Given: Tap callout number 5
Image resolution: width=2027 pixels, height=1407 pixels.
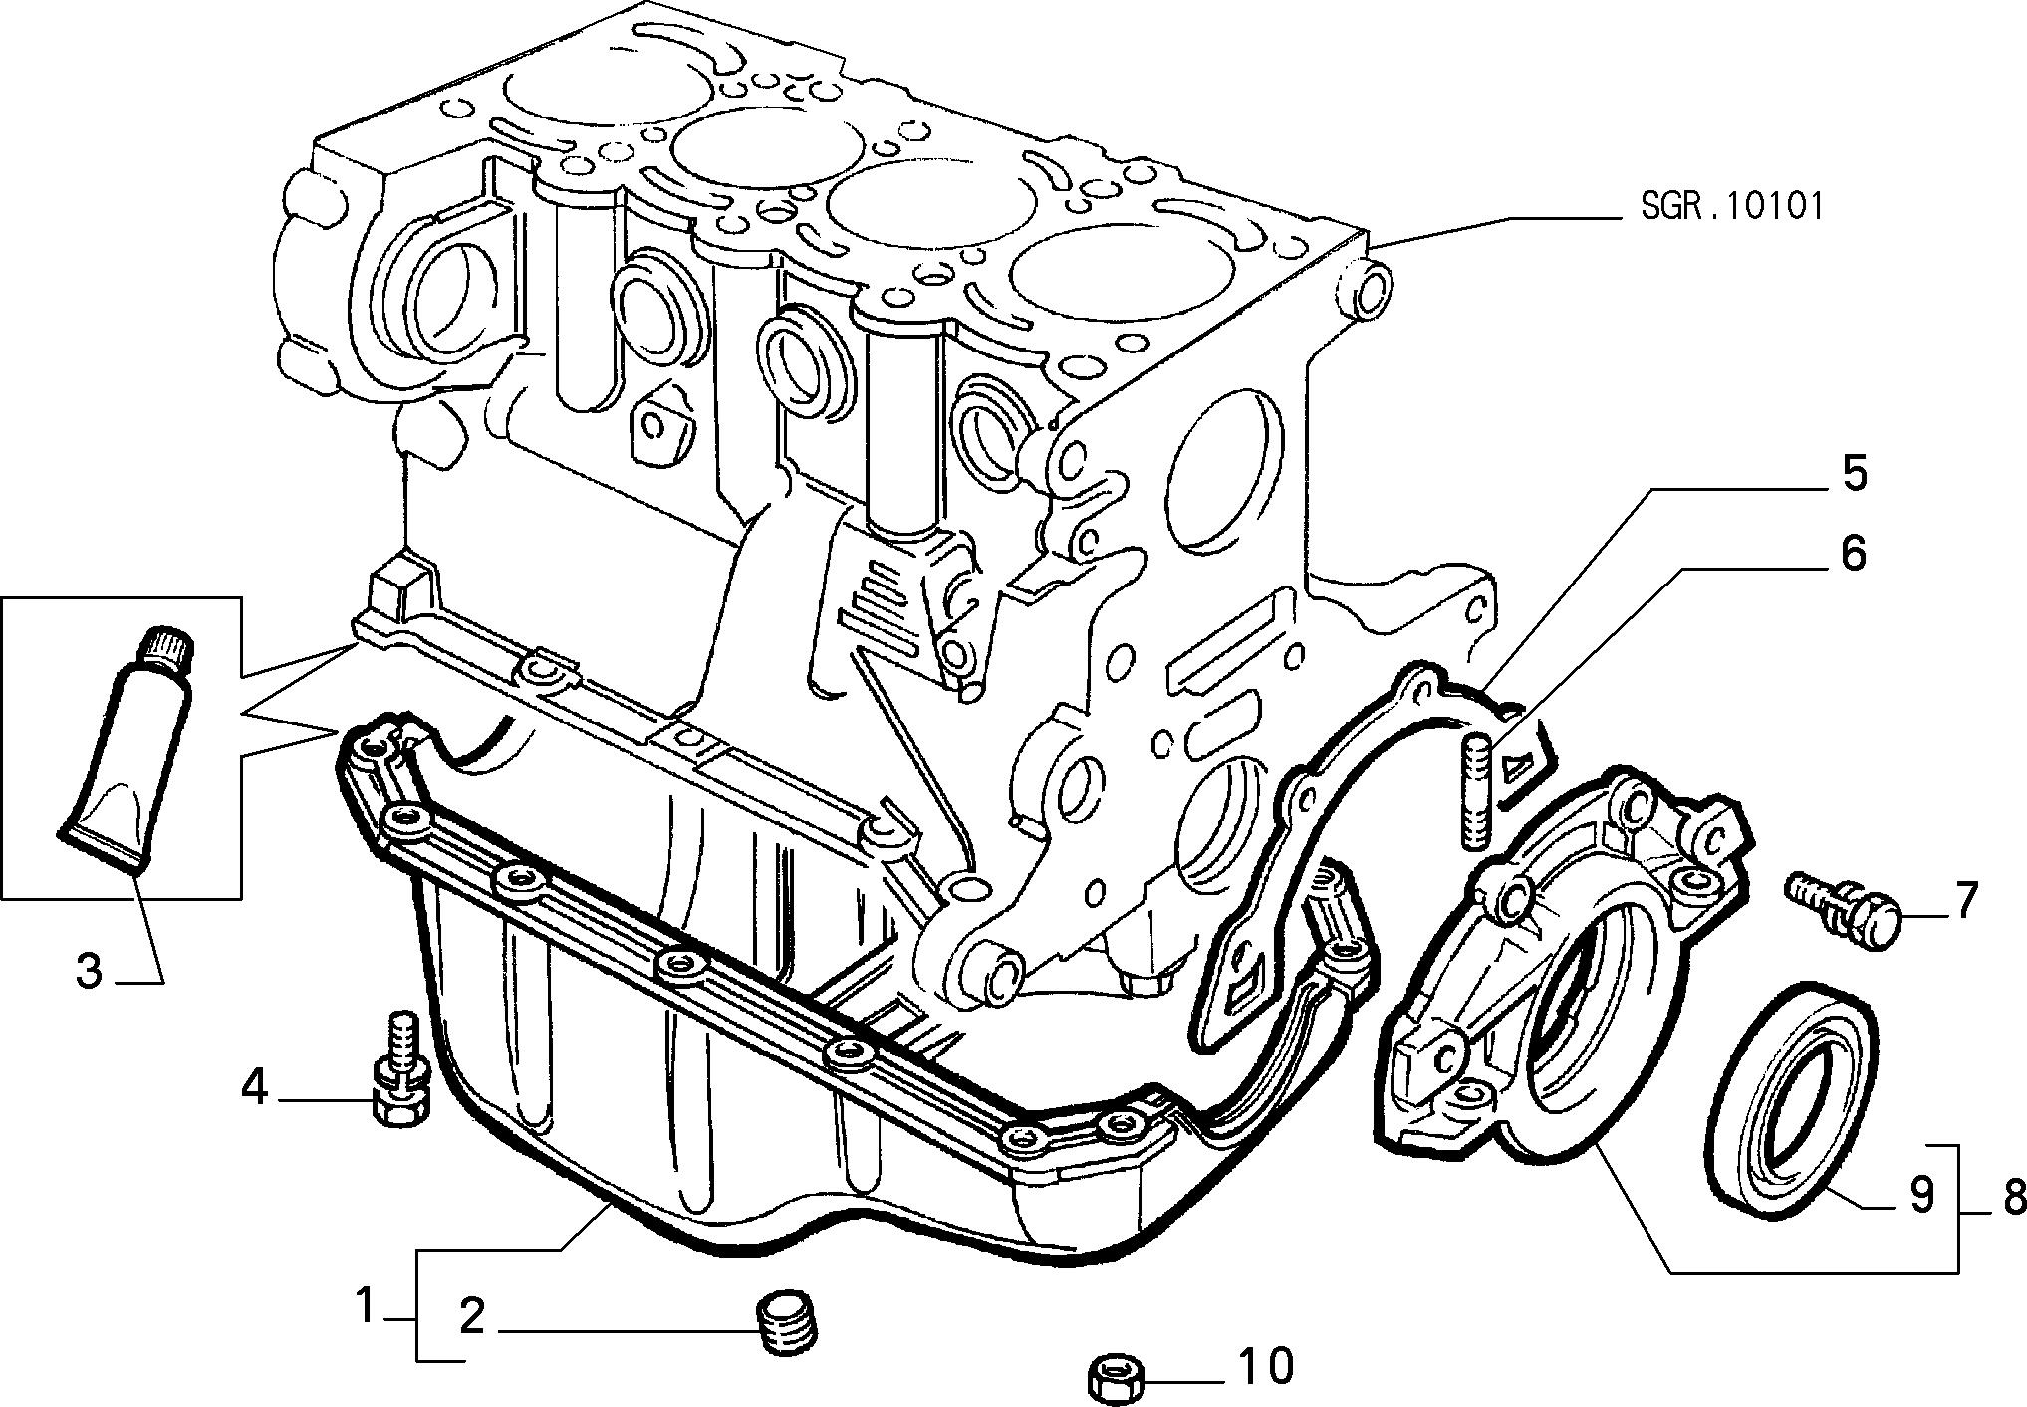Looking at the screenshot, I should [1852, 474].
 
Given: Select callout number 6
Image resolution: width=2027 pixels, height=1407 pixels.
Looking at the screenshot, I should [1852, 555].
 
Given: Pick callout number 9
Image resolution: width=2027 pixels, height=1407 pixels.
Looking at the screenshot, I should [1921, 1195].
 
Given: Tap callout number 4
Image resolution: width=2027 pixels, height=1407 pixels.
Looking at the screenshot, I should [255, 1088].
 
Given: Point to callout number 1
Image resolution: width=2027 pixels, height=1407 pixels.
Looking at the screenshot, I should [365, 1305].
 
